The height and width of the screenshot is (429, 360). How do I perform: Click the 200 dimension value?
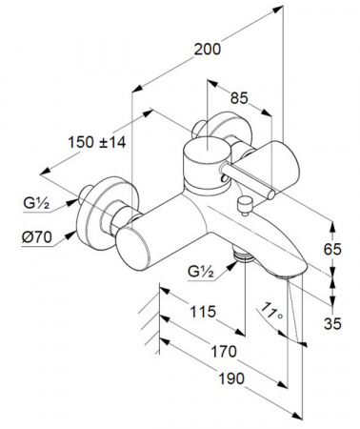point(208,50)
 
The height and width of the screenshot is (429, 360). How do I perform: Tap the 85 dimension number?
point(239,98)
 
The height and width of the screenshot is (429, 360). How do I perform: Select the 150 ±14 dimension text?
point(97,142)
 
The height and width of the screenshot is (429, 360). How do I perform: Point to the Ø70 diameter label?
point(37,237)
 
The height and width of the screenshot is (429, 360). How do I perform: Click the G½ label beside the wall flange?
point(36,203)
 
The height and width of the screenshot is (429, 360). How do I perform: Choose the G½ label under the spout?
point(201,272)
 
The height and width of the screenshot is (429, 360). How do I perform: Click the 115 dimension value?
point(203,312)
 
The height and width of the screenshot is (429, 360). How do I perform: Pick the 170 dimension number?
point(224,352)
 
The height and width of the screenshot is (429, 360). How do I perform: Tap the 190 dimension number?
point(231,378)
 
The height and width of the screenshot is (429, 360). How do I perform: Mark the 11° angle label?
point(270,311)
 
